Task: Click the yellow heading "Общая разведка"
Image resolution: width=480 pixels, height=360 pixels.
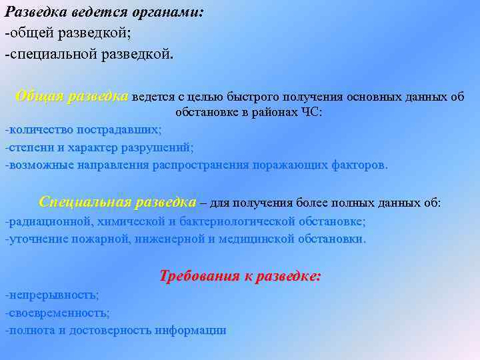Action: pos(72,96)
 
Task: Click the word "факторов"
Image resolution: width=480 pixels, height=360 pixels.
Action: pos(359,165)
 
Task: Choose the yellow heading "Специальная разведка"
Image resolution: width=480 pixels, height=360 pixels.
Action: pos(117,202)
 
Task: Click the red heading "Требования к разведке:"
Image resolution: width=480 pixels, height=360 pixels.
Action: pos(241,275)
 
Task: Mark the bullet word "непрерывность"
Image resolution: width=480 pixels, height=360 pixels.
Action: pos(53,294)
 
